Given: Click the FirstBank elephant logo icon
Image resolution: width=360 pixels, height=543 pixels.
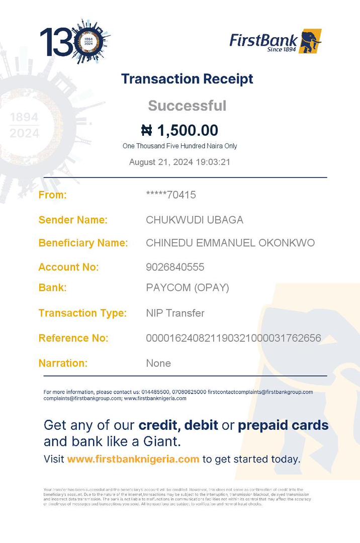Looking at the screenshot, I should (x=310, y=41).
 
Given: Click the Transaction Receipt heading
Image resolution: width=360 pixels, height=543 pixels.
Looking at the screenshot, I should (x=187, y=79).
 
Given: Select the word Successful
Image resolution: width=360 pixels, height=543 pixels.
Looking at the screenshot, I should (x=187, y=106).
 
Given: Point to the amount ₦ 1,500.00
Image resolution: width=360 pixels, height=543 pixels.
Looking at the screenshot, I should (x=179, y=131).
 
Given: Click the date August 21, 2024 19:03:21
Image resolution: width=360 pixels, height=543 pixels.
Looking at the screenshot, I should (x=179, y=162).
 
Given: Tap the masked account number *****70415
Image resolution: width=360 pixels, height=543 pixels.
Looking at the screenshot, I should (x=170, y=195).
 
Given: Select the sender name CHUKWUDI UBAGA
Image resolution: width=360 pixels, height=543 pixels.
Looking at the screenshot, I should (x=194, y=220).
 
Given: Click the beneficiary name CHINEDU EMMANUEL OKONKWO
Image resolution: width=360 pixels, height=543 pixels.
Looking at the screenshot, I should (x=230, y=243).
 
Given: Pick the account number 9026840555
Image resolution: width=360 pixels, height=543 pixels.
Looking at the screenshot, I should (x=175, y=267).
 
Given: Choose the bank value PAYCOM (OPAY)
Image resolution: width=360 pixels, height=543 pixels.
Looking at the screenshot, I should (x=187, y=288).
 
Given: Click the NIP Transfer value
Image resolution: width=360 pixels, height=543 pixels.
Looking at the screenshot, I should (x=175, y=313).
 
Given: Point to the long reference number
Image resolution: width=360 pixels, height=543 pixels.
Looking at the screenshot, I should (x=233, y=338).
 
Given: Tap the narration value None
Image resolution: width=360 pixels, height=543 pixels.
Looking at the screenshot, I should (x=158, y=363).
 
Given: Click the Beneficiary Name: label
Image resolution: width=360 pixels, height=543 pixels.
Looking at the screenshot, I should (x=83, y=243).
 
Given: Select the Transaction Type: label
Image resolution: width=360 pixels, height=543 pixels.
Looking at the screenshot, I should (x=82, y=313).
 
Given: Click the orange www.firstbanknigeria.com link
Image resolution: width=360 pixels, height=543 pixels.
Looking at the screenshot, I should (x=133, y=459).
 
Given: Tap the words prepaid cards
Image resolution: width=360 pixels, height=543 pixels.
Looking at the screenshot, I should (x=283, y=425).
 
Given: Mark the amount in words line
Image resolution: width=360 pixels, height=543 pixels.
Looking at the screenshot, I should (x=179, y=146).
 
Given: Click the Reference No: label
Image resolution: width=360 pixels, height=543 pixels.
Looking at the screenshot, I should (x=73, y=338).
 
